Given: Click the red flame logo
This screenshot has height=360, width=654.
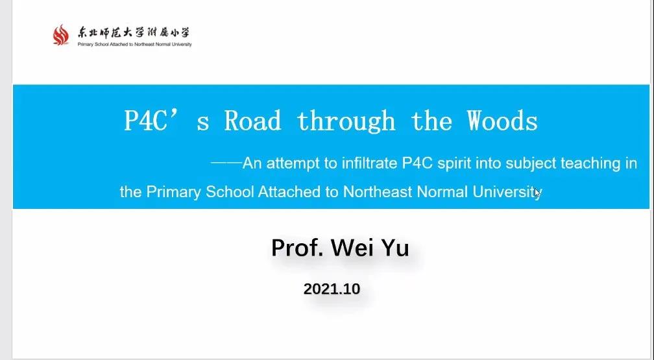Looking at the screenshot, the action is (x=61, y=34).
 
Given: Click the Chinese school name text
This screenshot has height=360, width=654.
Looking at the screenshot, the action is (x=134, y=33).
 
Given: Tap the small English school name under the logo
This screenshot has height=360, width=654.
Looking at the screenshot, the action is (x=135, y=44).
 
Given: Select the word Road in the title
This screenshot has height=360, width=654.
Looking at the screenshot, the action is (x=253, y=121).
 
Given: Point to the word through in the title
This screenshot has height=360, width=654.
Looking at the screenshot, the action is (x=346, y=122).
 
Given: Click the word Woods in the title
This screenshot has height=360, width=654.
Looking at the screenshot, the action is (x=502, y=121).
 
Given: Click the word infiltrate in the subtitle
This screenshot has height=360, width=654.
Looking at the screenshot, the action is (x=370, y=163).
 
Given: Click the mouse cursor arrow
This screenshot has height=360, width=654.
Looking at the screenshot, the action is (x=537, y=193).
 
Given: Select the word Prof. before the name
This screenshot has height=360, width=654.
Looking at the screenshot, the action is (x=298, y=248).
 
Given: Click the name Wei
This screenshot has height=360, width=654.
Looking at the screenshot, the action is (x=349, y=248).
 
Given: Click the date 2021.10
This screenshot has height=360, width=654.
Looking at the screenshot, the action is (x=332, y=289).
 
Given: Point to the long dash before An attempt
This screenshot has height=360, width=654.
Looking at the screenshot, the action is (x=226, y=163).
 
